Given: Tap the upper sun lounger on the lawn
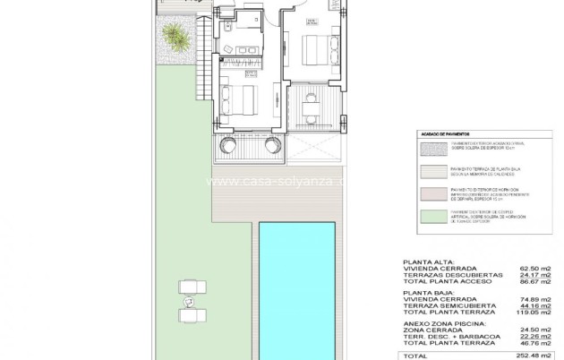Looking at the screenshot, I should coord(192,285).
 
